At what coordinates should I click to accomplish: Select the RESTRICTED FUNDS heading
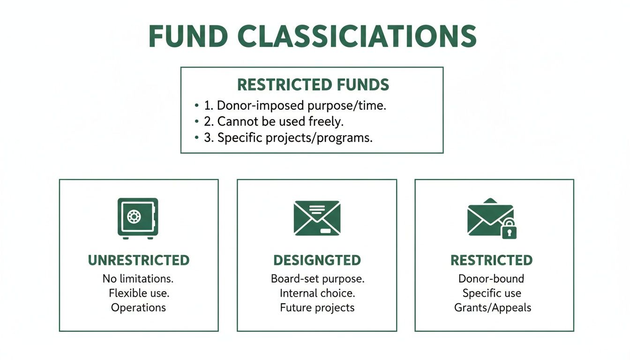313,85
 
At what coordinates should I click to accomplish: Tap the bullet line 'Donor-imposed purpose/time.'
301,105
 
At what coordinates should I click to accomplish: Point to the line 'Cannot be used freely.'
280,122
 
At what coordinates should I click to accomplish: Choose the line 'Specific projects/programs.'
295,138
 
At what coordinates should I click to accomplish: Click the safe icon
138,218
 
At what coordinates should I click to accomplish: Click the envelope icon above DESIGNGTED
317,218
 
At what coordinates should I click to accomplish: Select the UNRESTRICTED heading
139,260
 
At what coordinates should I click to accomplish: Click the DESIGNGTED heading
317,260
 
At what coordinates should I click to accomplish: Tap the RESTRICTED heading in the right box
491,260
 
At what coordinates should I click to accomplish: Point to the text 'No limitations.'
138,278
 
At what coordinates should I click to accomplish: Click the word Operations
138,307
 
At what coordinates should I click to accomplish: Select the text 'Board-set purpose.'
317,278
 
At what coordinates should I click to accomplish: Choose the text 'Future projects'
317,307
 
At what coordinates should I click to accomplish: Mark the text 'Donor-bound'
491,278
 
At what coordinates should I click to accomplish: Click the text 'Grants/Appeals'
493,307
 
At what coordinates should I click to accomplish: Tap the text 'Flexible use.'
139,293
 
